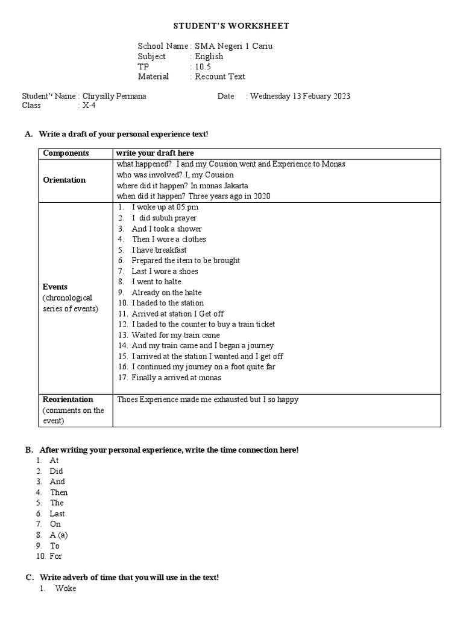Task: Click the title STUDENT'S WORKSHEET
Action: click(231, 26)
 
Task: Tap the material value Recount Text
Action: click(219, 77)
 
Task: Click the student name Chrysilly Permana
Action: click(114, 96)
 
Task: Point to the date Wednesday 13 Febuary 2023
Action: click(300, 96)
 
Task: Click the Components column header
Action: click(66, 153)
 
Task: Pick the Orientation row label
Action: click(65, 180)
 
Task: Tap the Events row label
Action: click(55, 287)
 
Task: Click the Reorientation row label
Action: click(68, 400)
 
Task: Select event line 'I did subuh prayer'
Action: click(163, 218)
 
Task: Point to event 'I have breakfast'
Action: click(159, 250)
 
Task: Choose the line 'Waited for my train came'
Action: click(175, 335)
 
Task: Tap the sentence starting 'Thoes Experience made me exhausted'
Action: click(207, 400)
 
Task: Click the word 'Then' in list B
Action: click(58, 492)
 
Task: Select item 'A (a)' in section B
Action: click(59, 535)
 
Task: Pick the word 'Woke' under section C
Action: click(65, 588)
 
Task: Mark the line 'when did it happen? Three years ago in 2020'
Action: click(194, 196)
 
